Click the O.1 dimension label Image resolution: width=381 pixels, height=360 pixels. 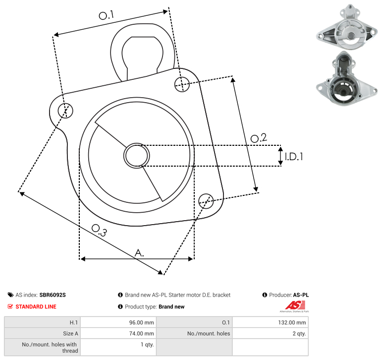(x=106, y=15)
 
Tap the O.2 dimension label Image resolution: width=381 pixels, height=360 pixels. (x=259, y=138)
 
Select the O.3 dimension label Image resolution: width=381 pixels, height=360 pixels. (x=99, y=231)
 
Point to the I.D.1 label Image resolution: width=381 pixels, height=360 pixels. (x=294, y=157)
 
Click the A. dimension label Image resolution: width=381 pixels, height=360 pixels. (x=139, y=253)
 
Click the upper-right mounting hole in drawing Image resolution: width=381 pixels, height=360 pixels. (x=182, y=84)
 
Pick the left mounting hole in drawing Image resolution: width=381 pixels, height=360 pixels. (x=65, y=111)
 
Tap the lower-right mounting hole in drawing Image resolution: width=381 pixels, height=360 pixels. (x=206, y=201)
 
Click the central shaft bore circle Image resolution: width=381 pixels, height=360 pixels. (x=137, y=156)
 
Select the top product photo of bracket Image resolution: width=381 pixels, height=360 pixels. (x=347, y=27)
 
